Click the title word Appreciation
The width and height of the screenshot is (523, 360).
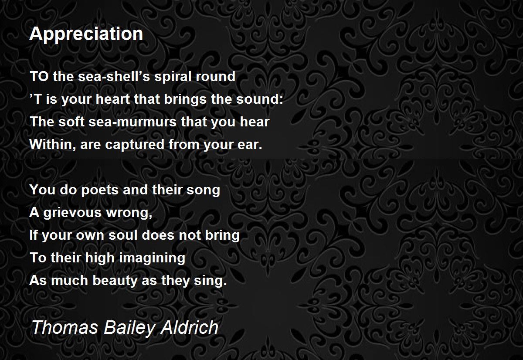pos(86,34)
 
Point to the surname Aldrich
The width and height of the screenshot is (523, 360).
pos(190,327)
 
